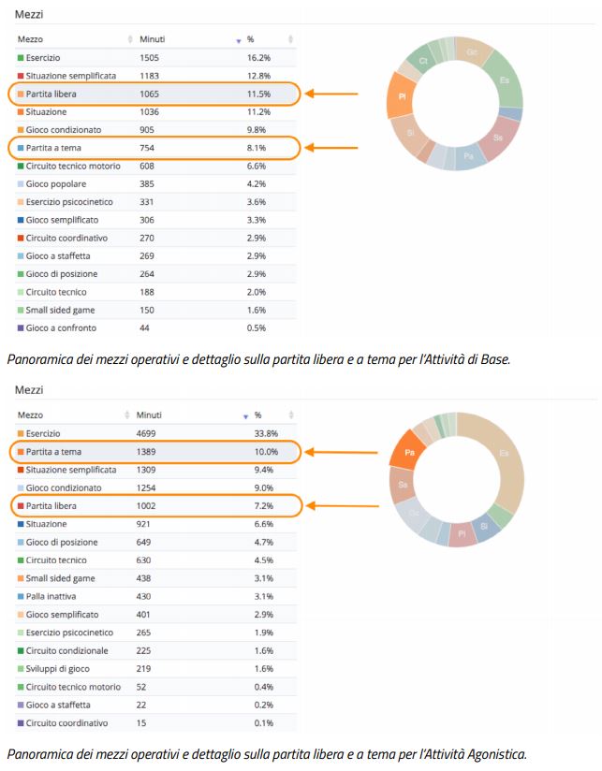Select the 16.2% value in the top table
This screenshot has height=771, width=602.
coord(259,57)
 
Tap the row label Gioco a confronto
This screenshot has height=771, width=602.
coord(61,327)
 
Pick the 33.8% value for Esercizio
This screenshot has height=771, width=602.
coord(267,434)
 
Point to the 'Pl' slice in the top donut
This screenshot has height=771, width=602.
coord(402,96)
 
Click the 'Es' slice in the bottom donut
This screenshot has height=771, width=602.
coord(505,453)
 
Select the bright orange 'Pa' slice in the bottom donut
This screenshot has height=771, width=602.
coord(409,452)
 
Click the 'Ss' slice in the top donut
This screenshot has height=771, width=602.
coord(498,138)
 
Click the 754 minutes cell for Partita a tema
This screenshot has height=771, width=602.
coord(149,148)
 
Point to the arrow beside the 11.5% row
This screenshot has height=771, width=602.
coord(332,94)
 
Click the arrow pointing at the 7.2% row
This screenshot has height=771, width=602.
coord(338,506)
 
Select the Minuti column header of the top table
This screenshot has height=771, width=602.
coord(153,39)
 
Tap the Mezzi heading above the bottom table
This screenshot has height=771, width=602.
coord(29,389)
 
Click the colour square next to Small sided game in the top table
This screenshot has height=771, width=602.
coord(21,310)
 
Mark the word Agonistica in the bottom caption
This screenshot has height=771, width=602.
coord(495,753)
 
